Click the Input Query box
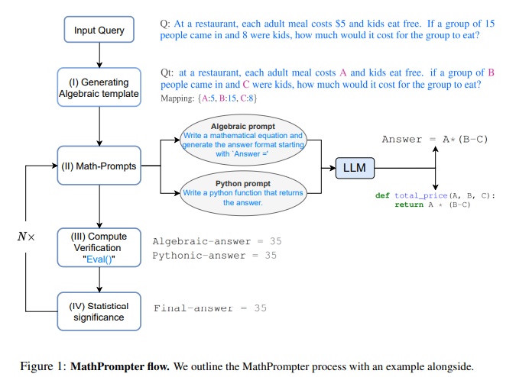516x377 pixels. (99, 31)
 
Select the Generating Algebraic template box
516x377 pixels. (99, 88)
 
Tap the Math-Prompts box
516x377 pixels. (99, 166)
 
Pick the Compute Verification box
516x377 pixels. (99, 247)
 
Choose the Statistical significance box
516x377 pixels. (99, 311)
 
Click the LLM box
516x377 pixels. (355, 166)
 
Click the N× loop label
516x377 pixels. (26, 237)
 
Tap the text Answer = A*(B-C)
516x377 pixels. (435, 139)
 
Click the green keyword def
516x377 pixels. (382, 196)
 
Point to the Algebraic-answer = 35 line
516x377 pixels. (217, 241)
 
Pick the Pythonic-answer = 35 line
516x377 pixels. (214, 256)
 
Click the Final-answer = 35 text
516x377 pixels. (210, 308)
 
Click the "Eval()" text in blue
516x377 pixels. (99, 259)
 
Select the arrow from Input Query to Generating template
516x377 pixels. (99, 56)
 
